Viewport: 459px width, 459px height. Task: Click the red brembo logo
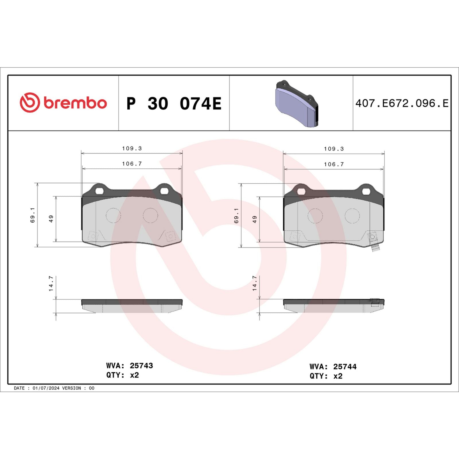coord(63,102)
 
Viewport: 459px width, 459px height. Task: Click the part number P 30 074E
coord(174,104)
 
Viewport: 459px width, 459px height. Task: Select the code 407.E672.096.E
coord(402,103)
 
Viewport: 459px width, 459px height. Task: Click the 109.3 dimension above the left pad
coord(132,148)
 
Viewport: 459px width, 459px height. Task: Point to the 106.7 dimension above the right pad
coord(334,164)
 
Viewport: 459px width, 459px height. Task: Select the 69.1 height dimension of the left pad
coord(32,215)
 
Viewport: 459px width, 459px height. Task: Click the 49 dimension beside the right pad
coord(254,219)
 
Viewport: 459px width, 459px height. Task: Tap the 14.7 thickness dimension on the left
coord(51,284)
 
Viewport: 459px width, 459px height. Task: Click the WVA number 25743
coord(141,365)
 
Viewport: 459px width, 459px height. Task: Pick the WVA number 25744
coord(345,366)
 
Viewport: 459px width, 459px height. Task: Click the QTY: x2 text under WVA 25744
coord(326,376)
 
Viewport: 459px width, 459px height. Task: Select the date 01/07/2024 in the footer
coord(46,388)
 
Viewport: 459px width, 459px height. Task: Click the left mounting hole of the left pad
coord(100,191)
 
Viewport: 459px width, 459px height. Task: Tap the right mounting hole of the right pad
coord(366,191)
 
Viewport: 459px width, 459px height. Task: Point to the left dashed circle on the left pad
coord(113,215)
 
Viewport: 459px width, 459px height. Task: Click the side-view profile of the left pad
coord(132,306)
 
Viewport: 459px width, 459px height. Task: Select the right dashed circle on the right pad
coord(352,216)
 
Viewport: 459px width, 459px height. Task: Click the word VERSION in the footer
coord(71,388)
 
